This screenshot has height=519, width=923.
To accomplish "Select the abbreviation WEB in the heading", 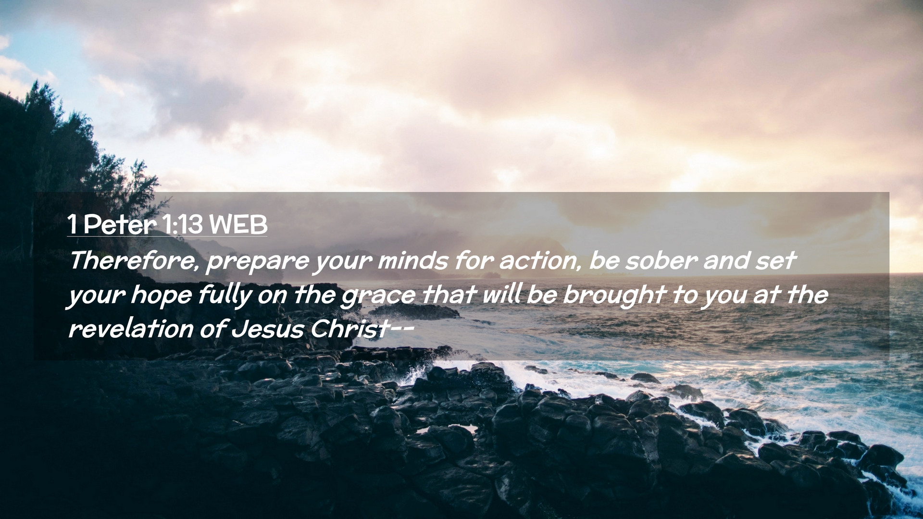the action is [238, 225].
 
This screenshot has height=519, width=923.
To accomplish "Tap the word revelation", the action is [131, 329].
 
